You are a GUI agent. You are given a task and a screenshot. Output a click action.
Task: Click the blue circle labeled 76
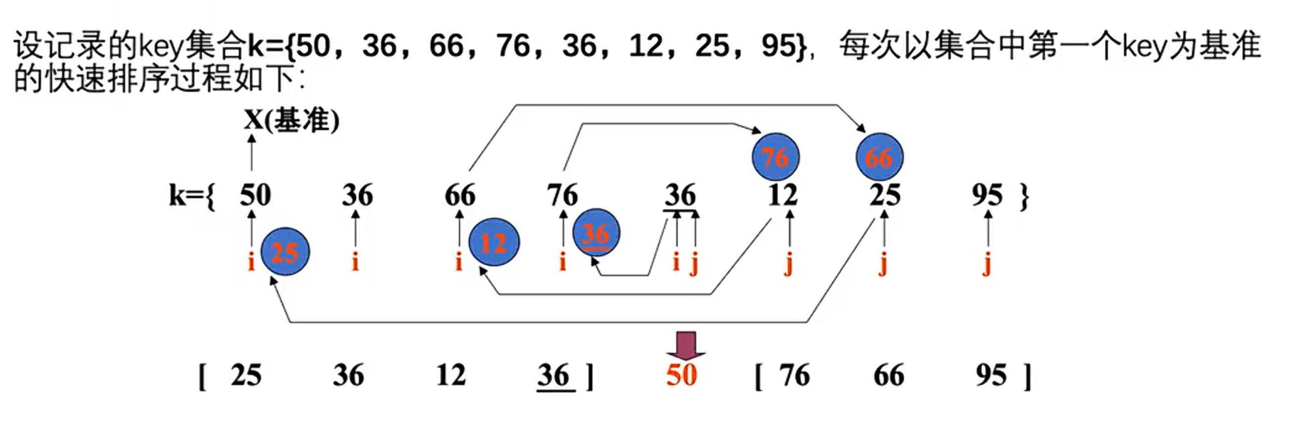[x=775, y=157]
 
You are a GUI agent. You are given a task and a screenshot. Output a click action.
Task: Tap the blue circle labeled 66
[x=879, y=157]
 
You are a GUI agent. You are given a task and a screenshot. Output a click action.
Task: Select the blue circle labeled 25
[x=285, y=251]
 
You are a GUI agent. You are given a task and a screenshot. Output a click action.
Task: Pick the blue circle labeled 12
[x=493, y=243]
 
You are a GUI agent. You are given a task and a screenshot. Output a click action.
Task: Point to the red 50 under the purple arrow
[x=681, y=375]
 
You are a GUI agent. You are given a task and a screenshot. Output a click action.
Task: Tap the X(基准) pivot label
[x=292, y=121]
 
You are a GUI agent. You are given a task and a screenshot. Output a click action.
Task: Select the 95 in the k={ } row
[x=987, y=195]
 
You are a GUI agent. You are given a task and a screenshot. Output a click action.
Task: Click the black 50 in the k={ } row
[x=255, y=195]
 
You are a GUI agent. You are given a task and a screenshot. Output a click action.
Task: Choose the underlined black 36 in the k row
[x=681, y=195]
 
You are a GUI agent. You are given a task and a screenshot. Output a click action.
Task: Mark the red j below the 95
[x=987, y=264]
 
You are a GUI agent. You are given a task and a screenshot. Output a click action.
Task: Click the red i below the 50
[x=251, y=262]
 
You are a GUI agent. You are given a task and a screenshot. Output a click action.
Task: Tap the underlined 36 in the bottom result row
[x=553, y=375]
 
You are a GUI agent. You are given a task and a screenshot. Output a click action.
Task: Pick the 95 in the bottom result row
[x=991, y=375]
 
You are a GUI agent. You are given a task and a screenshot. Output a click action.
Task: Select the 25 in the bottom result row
[x=246, y=375]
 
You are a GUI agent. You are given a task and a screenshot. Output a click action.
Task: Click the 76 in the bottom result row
[x=794, y=375]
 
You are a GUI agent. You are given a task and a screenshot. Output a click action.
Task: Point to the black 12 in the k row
[x=783, y=195]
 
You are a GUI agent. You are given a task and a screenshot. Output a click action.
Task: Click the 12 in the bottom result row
[x=450, y=375]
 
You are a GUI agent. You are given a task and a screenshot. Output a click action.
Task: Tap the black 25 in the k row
[x=885, y=195]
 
